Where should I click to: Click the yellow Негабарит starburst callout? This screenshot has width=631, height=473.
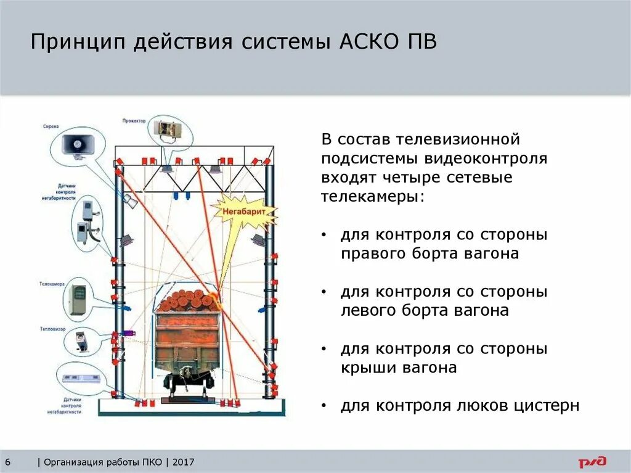pos(244,212)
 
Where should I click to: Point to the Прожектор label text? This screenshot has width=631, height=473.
pos(134,121)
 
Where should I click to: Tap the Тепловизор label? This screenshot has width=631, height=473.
pos(50,329)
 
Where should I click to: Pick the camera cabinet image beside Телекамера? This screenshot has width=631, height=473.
pos(79,298)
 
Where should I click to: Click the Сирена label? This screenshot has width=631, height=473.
pos(51,127)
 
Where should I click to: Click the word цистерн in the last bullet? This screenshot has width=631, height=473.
pos(548,406)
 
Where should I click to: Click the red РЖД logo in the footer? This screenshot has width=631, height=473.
pos(592,462)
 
